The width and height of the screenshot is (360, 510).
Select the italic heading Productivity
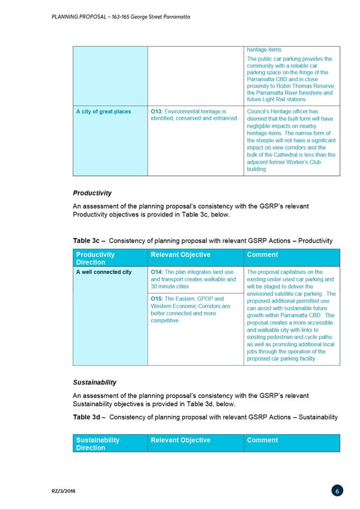(92, 193)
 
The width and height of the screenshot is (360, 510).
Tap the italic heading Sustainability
(94, 382)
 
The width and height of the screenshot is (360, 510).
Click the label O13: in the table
(157, 111)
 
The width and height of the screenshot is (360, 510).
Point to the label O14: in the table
(157, 272)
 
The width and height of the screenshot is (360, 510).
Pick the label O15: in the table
(157, 298)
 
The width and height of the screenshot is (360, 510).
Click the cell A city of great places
(103, 111)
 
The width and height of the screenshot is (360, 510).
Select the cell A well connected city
(104, 272)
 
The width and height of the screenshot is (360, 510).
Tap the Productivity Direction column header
(96, 258)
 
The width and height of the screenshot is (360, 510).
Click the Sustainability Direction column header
(98, 443)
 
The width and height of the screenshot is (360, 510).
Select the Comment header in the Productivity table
(262, 254)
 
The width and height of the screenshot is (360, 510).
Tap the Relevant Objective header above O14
(181, 254)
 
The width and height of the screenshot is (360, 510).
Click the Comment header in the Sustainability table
(262, 440)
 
